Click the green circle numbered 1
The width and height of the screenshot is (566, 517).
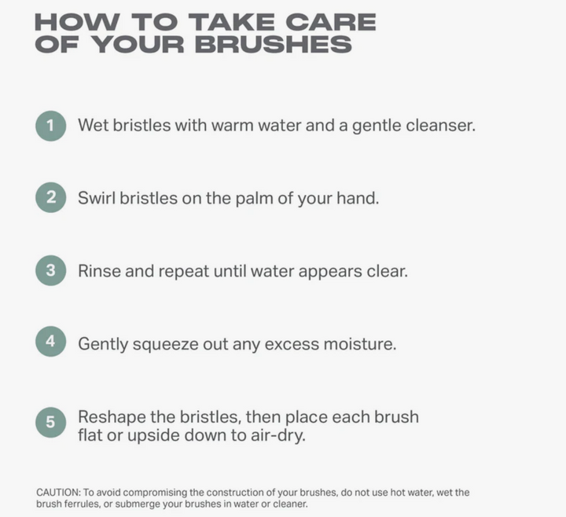pos(51,126)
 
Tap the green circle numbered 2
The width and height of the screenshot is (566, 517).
pos(51,197)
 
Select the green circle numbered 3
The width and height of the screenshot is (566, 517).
pos(51,270)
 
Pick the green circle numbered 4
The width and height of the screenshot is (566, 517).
pos(51,341)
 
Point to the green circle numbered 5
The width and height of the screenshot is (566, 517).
pos(51,422)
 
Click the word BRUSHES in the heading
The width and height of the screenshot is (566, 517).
pos(274,44)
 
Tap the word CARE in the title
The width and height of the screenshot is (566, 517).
pos(331,22)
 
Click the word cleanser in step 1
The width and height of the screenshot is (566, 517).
pos(441,126)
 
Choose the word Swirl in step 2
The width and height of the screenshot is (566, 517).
pos(97,198)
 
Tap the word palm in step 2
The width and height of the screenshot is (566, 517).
pos(254,199)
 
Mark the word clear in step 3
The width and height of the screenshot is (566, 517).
pos(388,271)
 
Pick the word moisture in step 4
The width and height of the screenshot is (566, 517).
pos(360,344)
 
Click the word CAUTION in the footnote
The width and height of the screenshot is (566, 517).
pos(58,493)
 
